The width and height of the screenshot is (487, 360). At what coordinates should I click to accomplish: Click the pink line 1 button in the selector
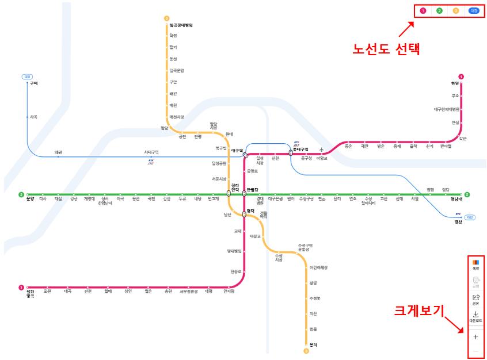tap(423, 10)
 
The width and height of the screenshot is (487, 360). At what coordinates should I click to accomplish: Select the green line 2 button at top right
tap(439, 10)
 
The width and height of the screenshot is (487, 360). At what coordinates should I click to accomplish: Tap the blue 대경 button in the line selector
tap(473, 10)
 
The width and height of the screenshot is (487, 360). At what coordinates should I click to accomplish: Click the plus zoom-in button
tap(475, 337)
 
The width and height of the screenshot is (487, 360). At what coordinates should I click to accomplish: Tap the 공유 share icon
tap(475, 300)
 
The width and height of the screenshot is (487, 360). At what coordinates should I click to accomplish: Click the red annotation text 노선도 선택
tap(386, 49)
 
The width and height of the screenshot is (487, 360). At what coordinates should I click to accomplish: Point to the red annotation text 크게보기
tap(419, 311)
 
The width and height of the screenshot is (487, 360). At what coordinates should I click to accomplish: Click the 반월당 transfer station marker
tap(244, 194)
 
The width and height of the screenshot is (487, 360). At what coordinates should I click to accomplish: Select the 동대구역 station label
tap(300, 149)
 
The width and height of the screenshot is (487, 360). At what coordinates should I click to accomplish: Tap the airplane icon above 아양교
tap(322, 151)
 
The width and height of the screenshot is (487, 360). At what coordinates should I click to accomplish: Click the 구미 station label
tap(33, 84)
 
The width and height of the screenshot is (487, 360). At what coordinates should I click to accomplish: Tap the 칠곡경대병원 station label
tap(181, 25)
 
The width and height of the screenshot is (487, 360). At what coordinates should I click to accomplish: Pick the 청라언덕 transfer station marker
tap(229, 194)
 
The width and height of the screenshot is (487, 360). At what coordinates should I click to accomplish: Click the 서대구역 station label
tap(151, 152)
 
